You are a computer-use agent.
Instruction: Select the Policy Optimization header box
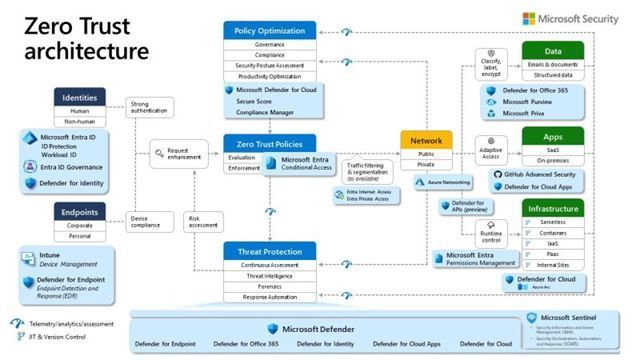coord(268,31)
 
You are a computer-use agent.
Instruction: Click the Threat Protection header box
coord(268,250)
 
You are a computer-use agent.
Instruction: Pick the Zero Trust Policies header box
coord(268,143)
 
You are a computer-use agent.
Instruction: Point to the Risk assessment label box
coord(203,222)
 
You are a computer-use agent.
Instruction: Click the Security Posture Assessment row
coord(268,64)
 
